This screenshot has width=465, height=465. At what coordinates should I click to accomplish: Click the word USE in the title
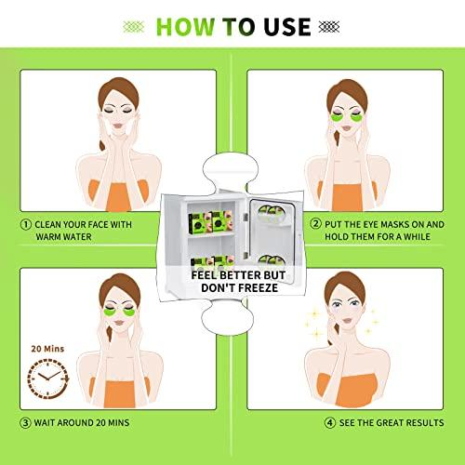pos(283,26)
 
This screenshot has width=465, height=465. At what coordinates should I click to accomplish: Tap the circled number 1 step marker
pos(26,223)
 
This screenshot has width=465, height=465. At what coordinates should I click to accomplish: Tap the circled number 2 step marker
pos(315,223)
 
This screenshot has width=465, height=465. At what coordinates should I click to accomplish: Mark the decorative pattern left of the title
pos(130,26)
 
